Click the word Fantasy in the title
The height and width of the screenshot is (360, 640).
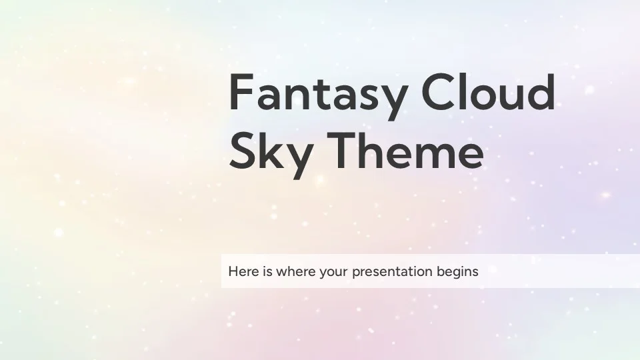pos(318,97)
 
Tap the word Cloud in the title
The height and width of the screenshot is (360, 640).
pos(489,92)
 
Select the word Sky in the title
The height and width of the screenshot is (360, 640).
pos(271,155)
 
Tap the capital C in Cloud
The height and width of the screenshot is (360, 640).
pos(438,92)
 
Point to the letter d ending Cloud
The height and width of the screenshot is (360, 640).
pos(539,92)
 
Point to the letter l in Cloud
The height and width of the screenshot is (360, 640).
pos(462,92)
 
